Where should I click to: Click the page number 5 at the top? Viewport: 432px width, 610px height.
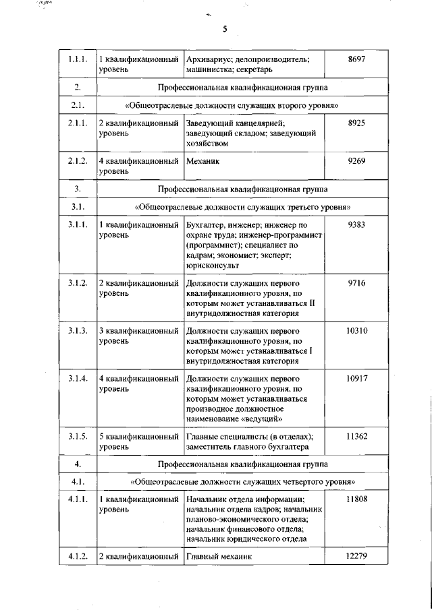click(225, 28)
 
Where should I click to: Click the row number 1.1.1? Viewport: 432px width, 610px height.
click(78, 60)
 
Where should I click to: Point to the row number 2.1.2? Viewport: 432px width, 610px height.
click(78, 162)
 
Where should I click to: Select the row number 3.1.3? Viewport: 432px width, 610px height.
click(78, 331)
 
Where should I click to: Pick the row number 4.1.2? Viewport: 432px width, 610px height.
click(78, 557)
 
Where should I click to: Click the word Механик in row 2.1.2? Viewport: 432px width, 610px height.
click(202, 162)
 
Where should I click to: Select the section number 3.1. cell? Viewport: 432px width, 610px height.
click(78, 206)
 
